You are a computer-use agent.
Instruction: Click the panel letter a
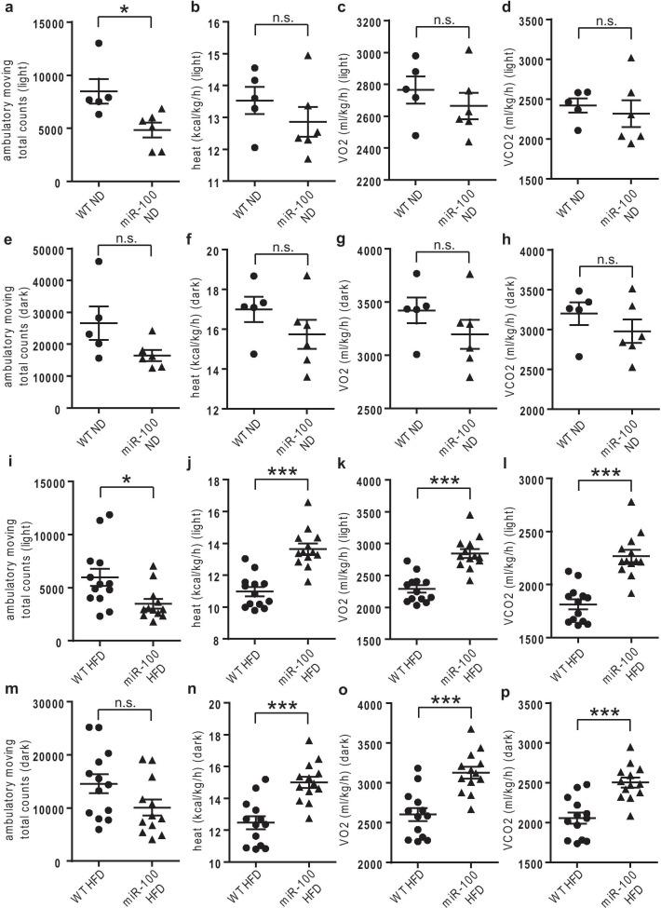(8, 7)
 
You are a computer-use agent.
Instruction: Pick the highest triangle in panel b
(304, 55)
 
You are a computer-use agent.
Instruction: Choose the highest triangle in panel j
(304, 504)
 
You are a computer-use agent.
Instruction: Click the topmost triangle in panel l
(631, 503)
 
